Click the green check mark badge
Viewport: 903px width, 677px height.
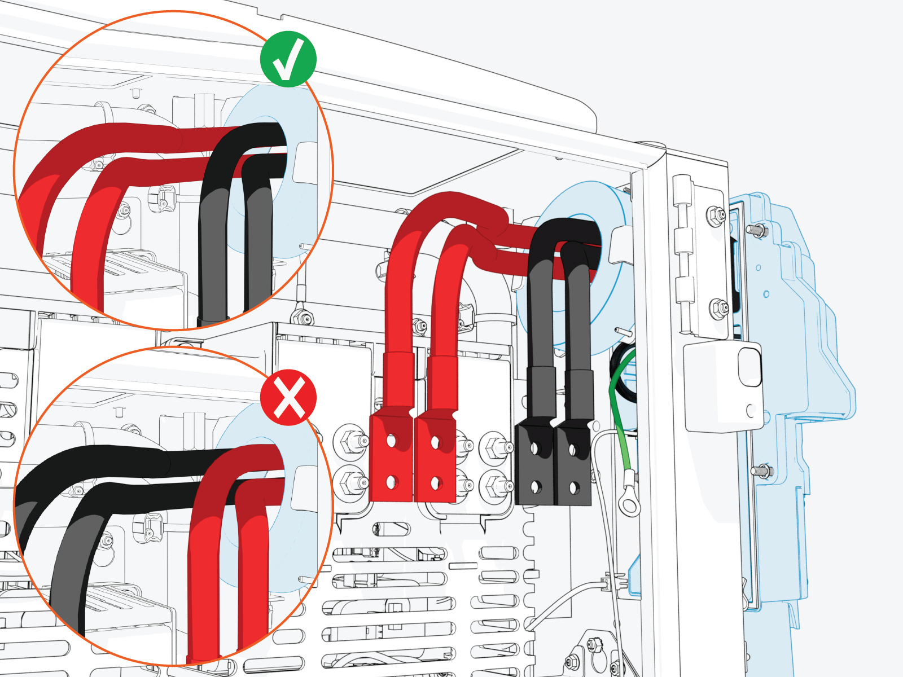click(288, 59)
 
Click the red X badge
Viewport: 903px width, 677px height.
click(288, 397)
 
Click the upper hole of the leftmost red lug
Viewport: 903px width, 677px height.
click(391, 439)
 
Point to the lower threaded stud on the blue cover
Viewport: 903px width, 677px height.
click(760, 469)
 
